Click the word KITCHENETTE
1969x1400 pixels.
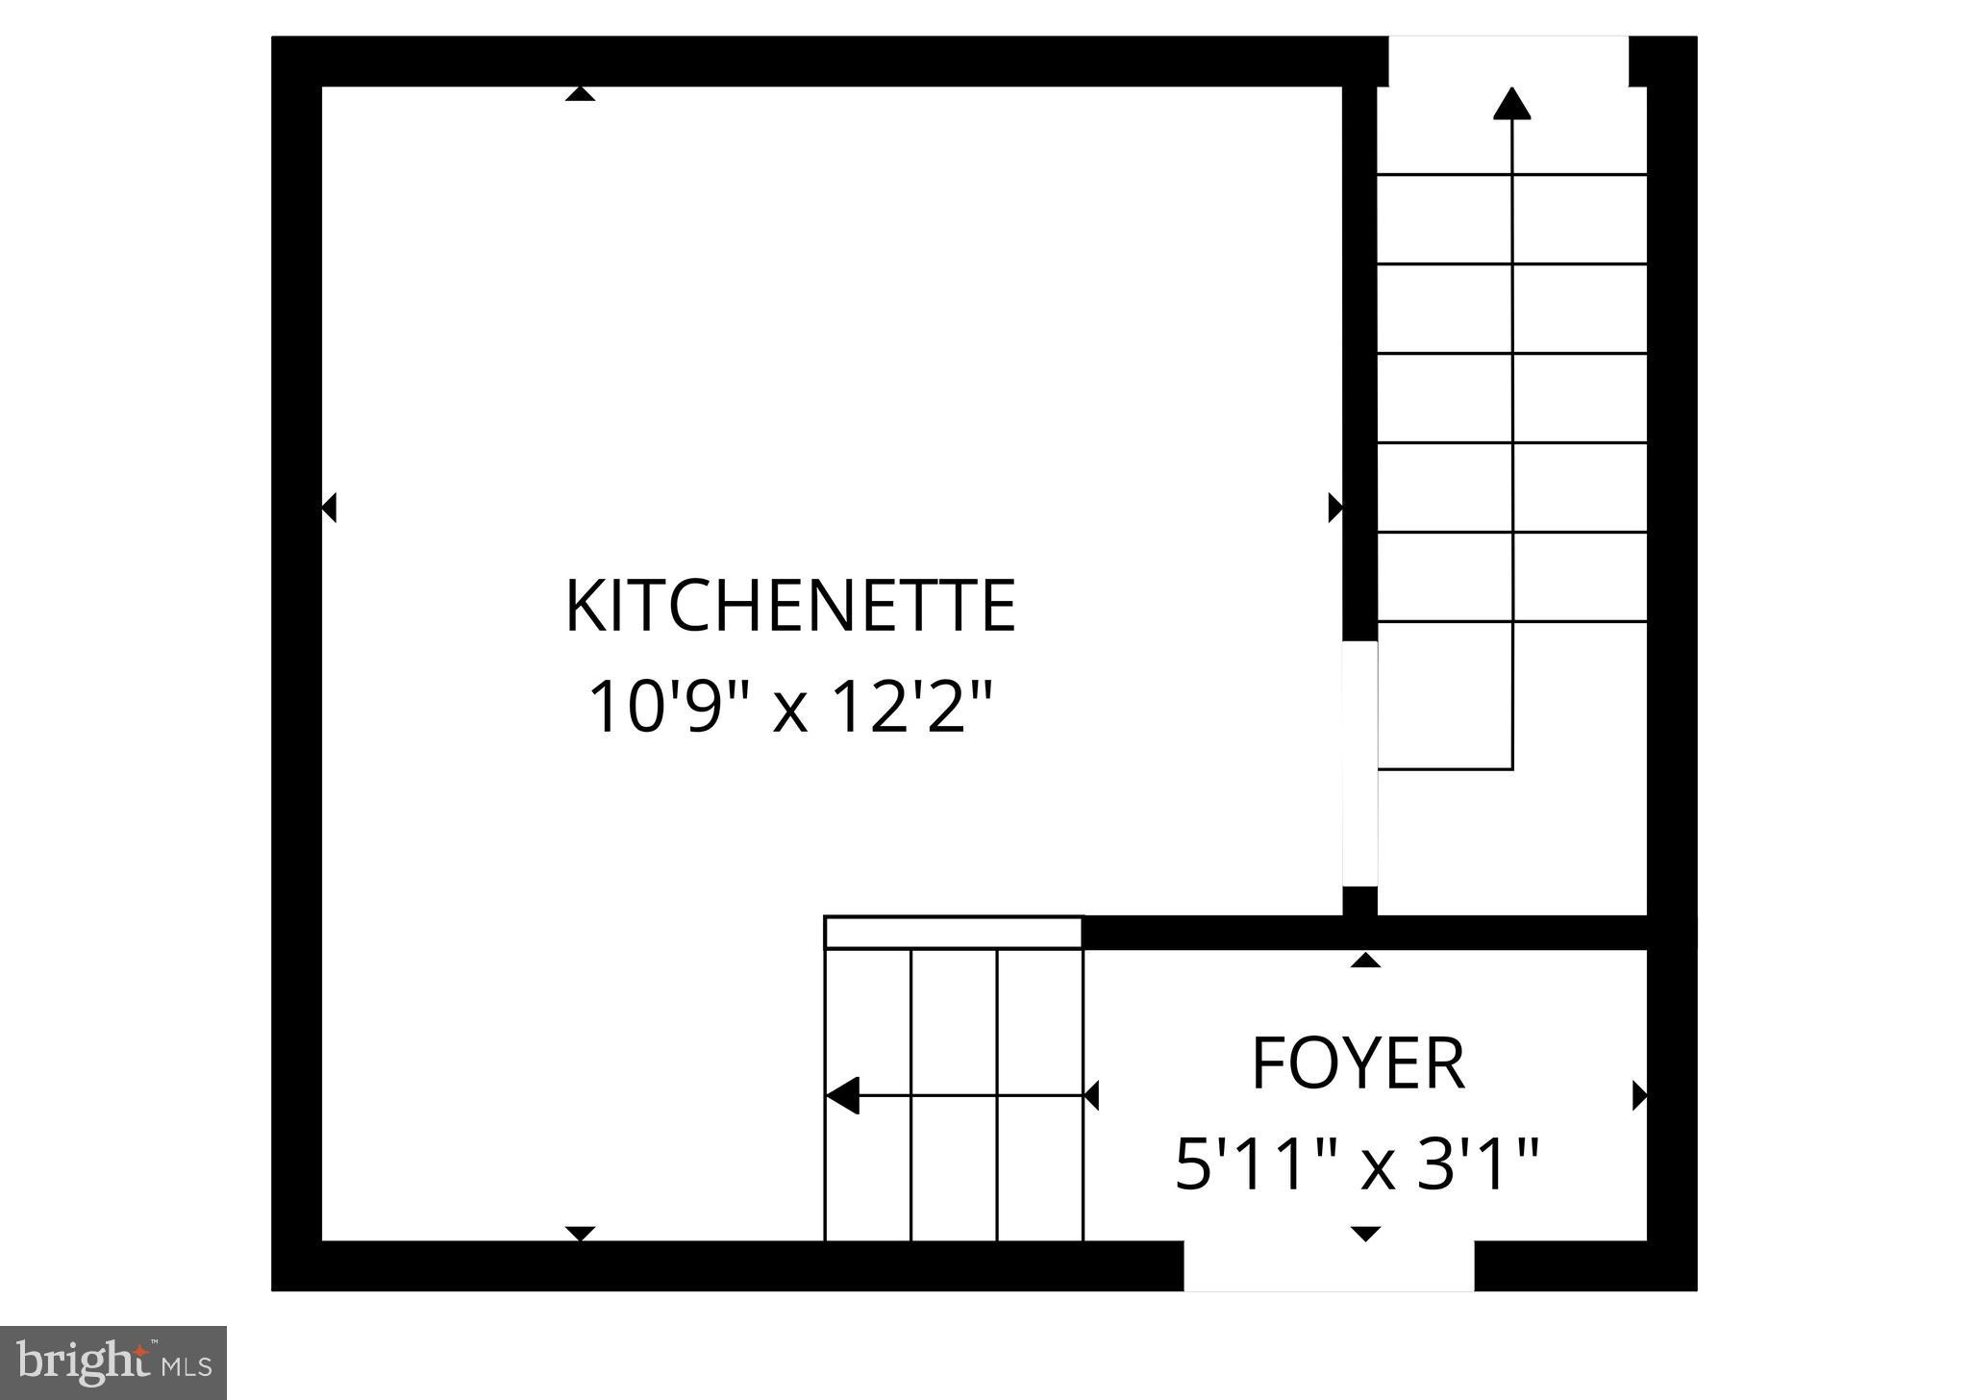tap(790, 607)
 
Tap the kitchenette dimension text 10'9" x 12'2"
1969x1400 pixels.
tap(788, 708)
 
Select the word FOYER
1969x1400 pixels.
tap(1358, 1063)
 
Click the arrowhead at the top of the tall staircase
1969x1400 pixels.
tap(1512, 104)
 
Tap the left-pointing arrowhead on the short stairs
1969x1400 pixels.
tap(842, 1095)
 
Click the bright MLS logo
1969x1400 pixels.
tap(112, 1362)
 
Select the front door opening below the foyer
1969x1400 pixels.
tap(1329, 1265)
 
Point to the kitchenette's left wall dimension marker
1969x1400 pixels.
tap(329, 507)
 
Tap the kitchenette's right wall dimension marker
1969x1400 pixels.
tap(1335, 507)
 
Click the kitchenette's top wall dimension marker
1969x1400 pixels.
tap(580, 93)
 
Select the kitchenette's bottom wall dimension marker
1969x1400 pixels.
tap(580, 1234)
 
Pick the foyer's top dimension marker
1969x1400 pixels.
tap(1365, 960)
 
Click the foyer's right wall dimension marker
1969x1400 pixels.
tap(1640, 1095)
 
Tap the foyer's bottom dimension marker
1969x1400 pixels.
tap(1365, 1234)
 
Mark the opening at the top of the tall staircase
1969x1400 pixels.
tap(1508, 61)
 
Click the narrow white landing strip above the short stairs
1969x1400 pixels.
tap(954, 933)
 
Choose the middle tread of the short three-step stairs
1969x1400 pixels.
tap(954, 1095)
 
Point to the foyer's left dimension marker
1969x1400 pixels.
tap(1091, 1095)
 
